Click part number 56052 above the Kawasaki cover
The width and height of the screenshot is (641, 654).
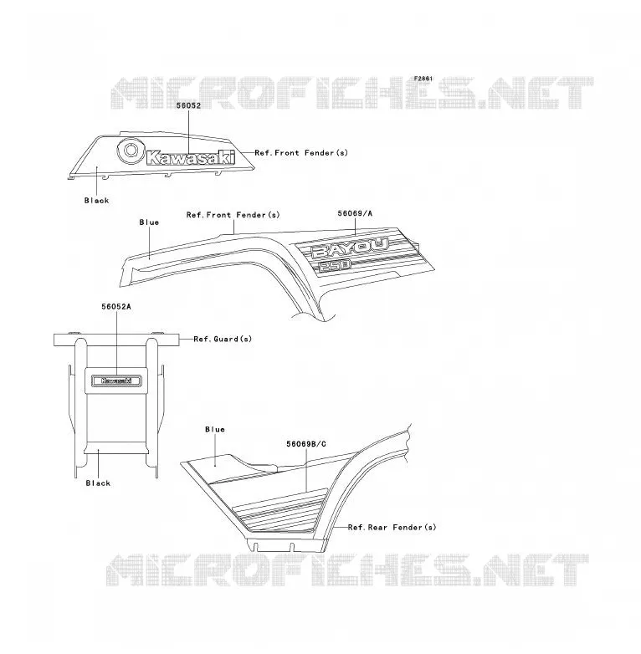click(188, 105)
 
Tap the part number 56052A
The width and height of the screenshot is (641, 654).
click(116, 307)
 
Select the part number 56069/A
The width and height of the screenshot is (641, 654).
click(355, 213)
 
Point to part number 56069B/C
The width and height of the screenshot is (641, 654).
click(306, 444)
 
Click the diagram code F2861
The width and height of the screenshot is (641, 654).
click(423, 79)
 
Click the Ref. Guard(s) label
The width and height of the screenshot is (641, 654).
click(223, 339)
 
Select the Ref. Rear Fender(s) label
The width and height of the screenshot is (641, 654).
click(392, 528)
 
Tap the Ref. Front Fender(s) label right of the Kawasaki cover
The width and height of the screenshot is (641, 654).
click(301, 153)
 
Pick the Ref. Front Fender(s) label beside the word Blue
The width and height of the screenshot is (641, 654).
click(233, 215)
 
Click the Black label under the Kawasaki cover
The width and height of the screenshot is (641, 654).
click(97, 201)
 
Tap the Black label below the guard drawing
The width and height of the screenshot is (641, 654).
click(98, 483)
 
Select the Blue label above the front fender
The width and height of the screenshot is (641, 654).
click(149, 222)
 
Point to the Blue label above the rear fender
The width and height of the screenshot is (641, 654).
click(215, 430)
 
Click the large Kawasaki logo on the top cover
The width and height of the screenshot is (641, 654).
click(190, 158)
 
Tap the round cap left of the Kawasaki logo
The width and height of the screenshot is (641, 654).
click(130, 151)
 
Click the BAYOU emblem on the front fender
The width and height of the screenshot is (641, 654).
click(350, 248)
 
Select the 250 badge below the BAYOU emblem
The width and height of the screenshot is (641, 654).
click(335, 266)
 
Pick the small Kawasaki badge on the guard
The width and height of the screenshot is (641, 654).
click(116, 381)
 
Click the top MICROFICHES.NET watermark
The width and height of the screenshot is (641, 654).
click(351, 93)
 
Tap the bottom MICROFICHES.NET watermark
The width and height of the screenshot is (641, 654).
click(347, 570)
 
